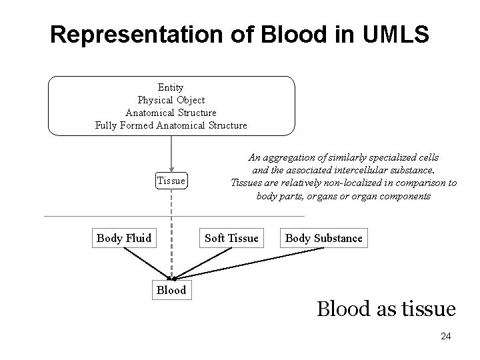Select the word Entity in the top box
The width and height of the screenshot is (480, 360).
(x=171, y=87)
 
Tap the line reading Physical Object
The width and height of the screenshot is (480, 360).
(x=171, y=100)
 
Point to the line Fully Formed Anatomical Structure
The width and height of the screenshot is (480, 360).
(x=171, y=125)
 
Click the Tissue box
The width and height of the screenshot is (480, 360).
(x=171, y=181)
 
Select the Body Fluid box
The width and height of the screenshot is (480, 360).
(x=124, y=238)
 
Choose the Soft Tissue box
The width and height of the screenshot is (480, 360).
(x=231, y=238)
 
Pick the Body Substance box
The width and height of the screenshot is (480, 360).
(x=324, y=238)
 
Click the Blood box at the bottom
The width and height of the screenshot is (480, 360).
(x=171, y=290)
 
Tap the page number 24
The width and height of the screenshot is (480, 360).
(x=445, y=337)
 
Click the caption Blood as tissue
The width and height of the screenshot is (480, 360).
(x=386, y=309)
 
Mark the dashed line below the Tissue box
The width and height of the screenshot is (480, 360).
(x=172, y=227)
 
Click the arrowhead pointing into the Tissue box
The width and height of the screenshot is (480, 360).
(x=172, y=169)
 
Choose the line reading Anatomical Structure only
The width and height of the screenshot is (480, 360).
(x=171, y=113)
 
